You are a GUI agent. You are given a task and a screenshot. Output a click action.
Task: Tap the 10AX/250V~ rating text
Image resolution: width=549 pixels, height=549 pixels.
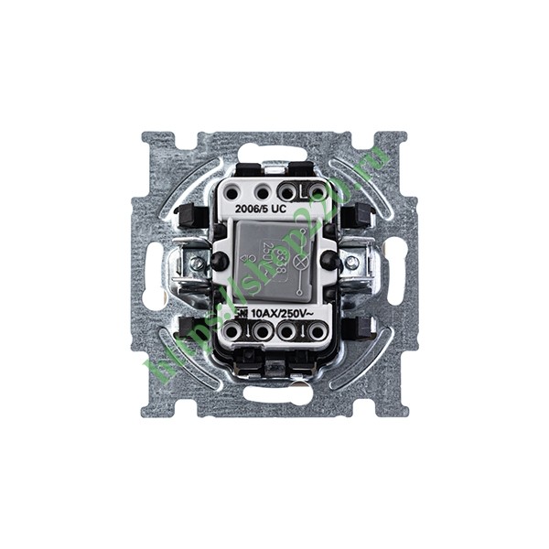tap(283, 313)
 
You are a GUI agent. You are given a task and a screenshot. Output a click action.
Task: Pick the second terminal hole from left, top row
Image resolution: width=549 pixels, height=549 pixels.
tap(263, 192)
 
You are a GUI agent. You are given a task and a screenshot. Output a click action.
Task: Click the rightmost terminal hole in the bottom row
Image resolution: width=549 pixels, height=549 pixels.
tap(317, 331)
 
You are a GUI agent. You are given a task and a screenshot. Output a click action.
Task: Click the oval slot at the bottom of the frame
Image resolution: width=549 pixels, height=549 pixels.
tap(274, 395)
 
